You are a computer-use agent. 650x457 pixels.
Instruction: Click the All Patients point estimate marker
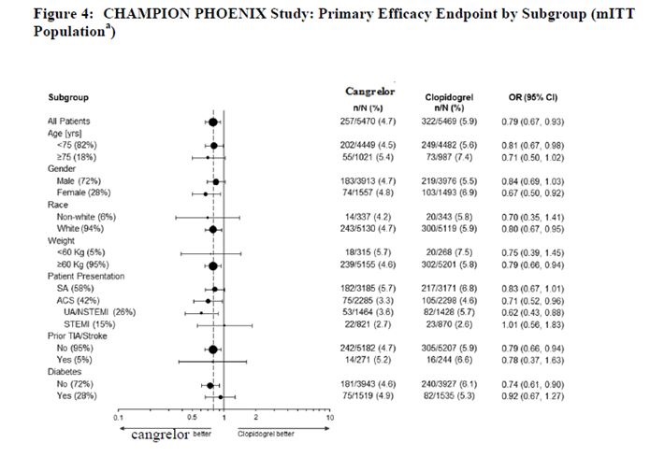coord(213,121)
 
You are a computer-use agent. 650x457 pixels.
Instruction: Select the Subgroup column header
coord(68,96)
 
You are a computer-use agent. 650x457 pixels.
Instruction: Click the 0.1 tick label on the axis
coord(118,416)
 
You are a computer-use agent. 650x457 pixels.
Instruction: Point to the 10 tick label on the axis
coord(330,416)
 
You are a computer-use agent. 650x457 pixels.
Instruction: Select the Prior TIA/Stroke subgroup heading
coord(82,337)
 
